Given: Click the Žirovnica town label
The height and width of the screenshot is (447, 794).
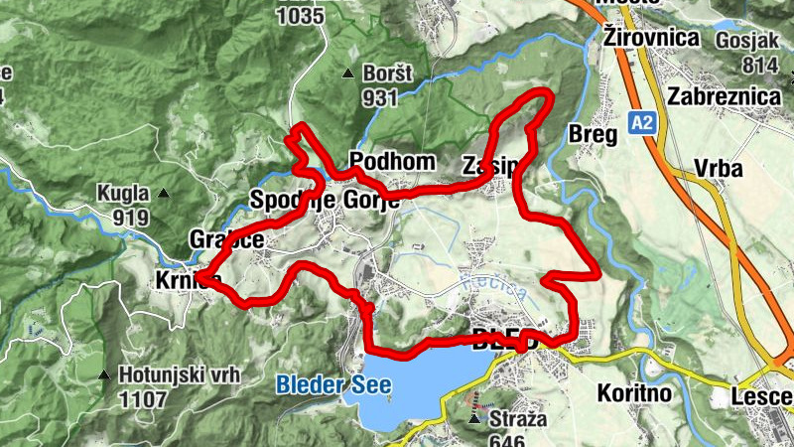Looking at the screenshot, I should (x=651, y=38).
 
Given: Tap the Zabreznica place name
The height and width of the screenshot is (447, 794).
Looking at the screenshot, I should (x=724, y=96).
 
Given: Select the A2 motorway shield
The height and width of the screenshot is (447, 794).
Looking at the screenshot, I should (x=642, y=122).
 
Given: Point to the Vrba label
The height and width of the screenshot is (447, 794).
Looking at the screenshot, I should (x=719, y=169).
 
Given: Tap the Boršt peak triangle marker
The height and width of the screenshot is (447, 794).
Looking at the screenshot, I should (x=347, y=74).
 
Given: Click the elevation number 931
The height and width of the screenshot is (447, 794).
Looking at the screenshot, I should (x=380, y=97).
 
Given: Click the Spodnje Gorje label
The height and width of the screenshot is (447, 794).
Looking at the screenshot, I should (x=325, y=199).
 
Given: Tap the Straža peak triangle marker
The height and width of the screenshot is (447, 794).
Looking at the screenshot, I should (x=475, y=419).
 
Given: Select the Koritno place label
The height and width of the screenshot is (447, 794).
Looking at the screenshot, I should (x=634, y=392).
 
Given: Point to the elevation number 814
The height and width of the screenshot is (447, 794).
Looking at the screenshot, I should (x=759, y=65).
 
